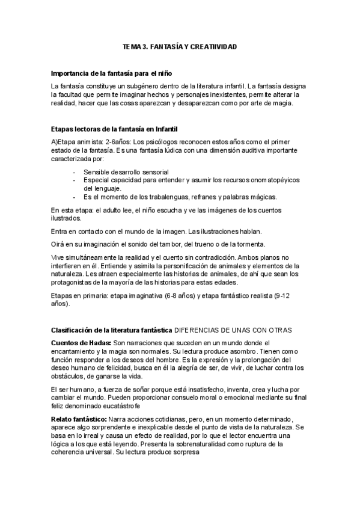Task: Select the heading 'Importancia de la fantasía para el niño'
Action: pyautogui.click(x=112, y=73)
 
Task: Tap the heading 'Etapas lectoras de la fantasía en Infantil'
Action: pyautogui.click(x=115, y=129)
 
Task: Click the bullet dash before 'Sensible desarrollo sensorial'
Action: pyautogui.click(x=73, y=171)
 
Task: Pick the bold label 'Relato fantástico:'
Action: pyautogui.click(x=79, y=419)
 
